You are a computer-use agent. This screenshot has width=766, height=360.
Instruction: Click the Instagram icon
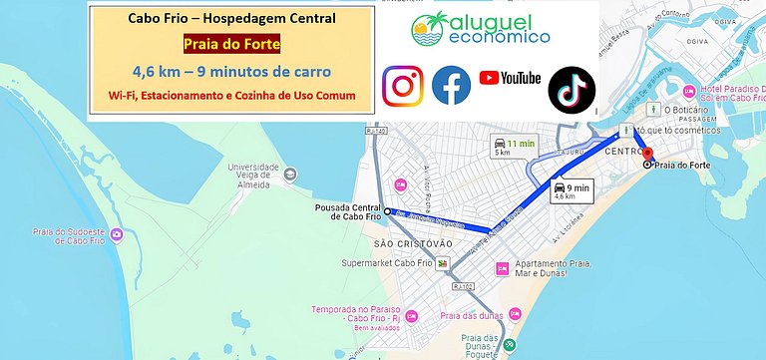click(403, 84)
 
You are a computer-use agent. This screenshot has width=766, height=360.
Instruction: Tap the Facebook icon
click(451, 85)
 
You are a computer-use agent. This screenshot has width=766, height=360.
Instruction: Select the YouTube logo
click(510, 78)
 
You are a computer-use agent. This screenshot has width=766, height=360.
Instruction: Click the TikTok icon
click(572, 87)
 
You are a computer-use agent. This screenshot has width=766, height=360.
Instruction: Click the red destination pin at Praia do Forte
click(646, 156)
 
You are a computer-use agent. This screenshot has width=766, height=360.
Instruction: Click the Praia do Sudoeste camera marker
click(117, 235)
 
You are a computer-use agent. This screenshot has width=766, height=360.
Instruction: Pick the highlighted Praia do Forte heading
click(231, 45)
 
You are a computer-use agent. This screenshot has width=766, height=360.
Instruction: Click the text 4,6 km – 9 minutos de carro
click(231, 72)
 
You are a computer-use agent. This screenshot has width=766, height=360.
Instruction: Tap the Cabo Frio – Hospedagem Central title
click(231, 19)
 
